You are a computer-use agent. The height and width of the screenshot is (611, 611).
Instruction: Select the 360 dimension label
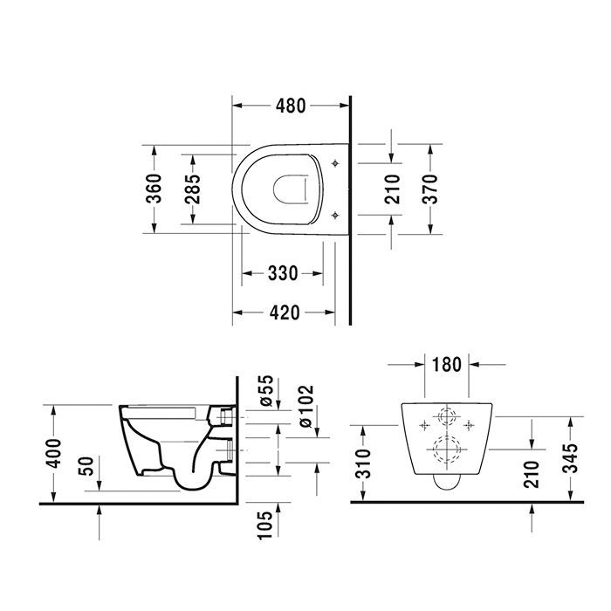point(153,188)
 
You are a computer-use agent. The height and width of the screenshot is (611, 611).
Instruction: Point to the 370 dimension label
point(430,188)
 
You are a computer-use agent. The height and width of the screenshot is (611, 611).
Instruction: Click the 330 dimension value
point(282,274)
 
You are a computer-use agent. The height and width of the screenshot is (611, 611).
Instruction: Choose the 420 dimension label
point(282,312)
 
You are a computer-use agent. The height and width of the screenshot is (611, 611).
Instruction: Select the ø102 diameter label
point(305,406)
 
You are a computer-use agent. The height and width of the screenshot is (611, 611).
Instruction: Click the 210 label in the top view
point(391,188)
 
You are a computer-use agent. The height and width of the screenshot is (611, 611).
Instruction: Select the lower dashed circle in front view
point(446,450)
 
